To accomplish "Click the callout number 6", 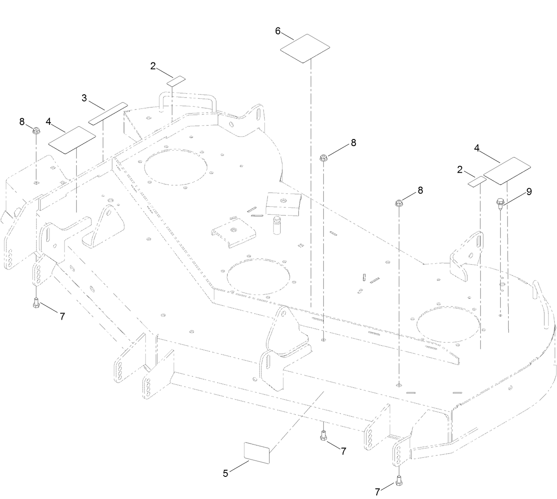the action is pyautogui.click(x=278, y=31).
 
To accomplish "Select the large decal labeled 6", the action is pyautogui.click(x=305, y=49).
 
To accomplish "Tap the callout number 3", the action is pyautogui.click(x=84, y=98).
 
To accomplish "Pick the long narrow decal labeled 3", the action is pyautogui.click(x=108, y=114).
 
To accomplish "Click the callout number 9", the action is pyautogui.click(x=529, y=192).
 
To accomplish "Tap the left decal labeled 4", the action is pyautogui.click(x=72, y=140).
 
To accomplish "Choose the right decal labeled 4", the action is pyautogui.click(x=507, y=171).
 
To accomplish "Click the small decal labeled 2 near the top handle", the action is pyautogui.click(x=176, y=81).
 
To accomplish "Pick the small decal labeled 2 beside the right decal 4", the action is pyautogui.click(x=477, y=182).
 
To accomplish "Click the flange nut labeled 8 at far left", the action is pyautogui.click(x=36, y=130).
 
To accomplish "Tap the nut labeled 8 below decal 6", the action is pyautogui.click(x=323, y=158).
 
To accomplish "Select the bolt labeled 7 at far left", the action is pyautogui.click(x=36, y=303).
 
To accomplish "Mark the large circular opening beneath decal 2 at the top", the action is pyautogui.click(x=176, y=167).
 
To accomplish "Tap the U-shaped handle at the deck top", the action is pyautogui.click(x=187, y=103).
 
